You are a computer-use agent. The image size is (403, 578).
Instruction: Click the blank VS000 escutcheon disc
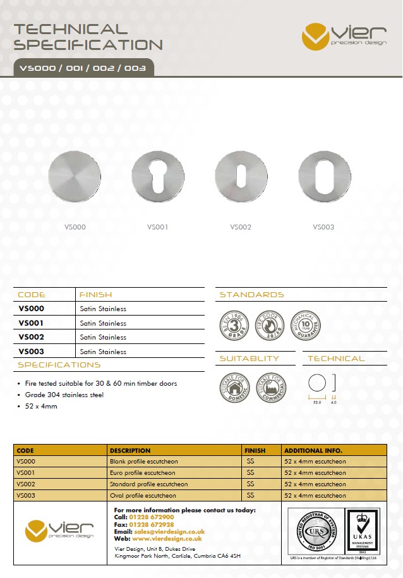tap(75, 177)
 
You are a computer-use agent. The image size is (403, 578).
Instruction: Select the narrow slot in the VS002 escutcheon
tap(241, 177)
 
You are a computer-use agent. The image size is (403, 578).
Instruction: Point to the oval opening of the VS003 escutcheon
tap(324, 177)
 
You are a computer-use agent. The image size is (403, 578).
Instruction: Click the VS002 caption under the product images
tap(241, 227)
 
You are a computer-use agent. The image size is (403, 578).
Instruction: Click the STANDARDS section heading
tap(251, 295)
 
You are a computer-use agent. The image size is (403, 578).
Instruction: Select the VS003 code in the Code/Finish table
tap(31, 351)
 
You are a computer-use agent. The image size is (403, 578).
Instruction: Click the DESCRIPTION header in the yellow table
tap(130, 450)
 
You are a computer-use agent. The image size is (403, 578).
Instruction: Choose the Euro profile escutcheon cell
tap(143, 472)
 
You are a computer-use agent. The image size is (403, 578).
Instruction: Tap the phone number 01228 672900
tap(152, 517)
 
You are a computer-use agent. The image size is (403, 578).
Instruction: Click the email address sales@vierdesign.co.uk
tap(169, 532)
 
